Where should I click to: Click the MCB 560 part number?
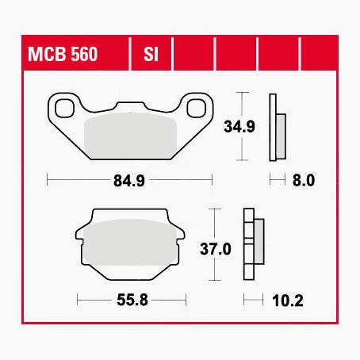tap(63, 54)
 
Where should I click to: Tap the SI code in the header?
tap(151, 54)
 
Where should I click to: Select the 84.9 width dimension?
tap(129, 181)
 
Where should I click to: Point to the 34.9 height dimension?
tap(239, 126)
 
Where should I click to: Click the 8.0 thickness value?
tap(304, 181)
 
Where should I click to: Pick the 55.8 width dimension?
tap(132, 300)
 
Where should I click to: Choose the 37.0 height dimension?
tap(216, 249)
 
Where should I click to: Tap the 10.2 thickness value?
tap(288, 301)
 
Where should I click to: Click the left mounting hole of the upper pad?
tap(65, 108)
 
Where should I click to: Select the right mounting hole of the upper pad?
tap(197, 108)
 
